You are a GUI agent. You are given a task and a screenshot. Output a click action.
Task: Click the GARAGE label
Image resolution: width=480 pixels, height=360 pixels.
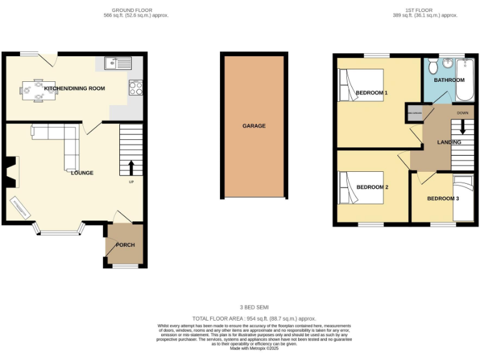tap(254, 126)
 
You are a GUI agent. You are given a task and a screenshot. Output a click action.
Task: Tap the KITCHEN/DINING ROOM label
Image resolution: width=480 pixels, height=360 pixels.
tap(79, 89)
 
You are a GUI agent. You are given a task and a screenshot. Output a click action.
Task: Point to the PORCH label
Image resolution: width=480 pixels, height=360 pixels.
tap(125, 244)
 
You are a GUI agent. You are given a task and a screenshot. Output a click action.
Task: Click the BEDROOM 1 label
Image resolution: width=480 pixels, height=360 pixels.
tap(372, 93)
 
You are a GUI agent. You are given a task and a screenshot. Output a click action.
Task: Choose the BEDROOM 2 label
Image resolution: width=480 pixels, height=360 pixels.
tap(372, 187)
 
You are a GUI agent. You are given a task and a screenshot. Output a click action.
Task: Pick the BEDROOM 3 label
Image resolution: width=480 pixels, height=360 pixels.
tap(443, 199)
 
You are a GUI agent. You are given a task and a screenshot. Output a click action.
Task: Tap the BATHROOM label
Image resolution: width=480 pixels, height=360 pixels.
tap(449, 80)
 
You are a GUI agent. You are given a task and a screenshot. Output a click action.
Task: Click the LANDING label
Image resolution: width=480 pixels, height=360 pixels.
tap(449, 142)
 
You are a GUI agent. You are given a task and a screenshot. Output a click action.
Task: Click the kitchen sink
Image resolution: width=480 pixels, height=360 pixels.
tap(118, 62)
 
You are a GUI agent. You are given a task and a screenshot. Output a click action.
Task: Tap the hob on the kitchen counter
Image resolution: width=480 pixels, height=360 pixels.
tap(136, 87)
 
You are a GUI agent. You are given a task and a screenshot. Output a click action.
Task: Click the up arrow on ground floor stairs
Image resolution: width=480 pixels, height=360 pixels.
tap(131, 167)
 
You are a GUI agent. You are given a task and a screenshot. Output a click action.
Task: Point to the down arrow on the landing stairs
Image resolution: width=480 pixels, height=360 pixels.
tap(462, 126)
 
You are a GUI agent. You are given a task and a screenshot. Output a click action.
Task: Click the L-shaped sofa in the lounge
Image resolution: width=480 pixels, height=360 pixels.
tap(62, 141)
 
